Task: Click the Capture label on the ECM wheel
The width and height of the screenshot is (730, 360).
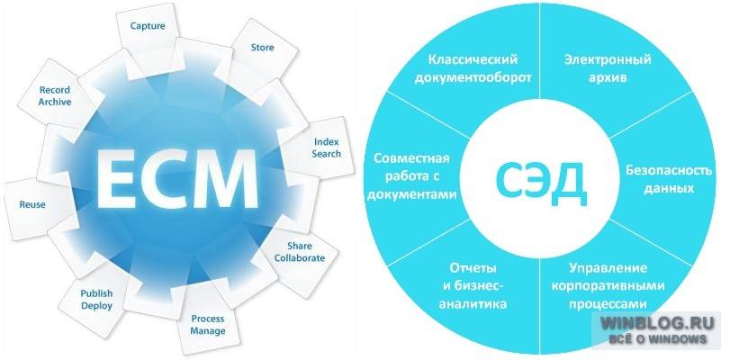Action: pyautogui.click(x=148, y=26)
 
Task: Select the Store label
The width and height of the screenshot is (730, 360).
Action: pyautogui.click(x=263, y=48)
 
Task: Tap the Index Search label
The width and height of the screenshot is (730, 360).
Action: pyautogui.click(x=327, y=148)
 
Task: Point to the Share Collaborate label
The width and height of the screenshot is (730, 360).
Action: pyautogui.click(x=300, y=252)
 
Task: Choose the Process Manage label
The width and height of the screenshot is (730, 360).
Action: pyautogui.click(x=208, y=325)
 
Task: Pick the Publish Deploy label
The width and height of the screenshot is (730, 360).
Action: pyautogui.click(x=97, y=300)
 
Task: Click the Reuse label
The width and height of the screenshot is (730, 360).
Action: pyautogui.click(x=32, y=204)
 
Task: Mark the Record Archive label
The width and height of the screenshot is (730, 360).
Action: pyautogui.click(x=55, y=96)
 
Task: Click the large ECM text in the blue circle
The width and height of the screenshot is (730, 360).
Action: pyautogui.click(x=177, y=180)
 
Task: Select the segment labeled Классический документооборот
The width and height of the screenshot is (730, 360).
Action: pyautogui.click(x=473, y=68)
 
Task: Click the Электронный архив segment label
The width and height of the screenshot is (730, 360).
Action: pyautogui.click(x=608, y=68)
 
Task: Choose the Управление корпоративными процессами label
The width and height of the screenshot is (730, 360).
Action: pyautogui.click(x=608, y=286)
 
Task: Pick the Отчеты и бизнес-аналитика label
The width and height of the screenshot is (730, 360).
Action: pyautogui.click(x=473, y=286)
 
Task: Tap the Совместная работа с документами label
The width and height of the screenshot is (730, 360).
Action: pyautogui.click(x=412, y=176)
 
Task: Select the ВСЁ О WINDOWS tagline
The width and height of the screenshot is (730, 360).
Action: pyautogui.click(x=658, y=338)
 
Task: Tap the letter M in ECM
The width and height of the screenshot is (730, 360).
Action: pyautogui.click(x=228, y=180)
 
